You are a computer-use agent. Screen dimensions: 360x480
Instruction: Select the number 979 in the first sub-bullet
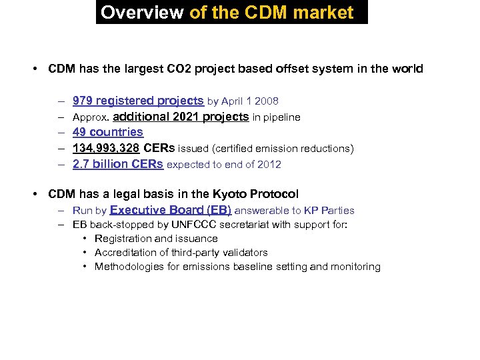pyautogui.click(x=83, y=101)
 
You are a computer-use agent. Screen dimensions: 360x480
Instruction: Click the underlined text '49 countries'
pyautogui.click(x=107, y=132)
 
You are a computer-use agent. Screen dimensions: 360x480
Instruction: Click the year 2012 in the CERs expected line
pyautogui.click(x=269, y=164)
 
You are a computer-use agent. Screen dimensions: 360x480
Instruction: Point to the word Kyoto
pyautogui.click(x=231, y=194)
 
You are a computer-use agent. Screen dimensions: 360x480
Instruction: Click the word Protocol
pyautogui.click(x=275, y=194)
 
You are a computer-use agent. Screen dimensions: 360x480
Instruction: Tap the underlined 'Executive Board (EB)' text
pyautogui.click(x=171, y=210)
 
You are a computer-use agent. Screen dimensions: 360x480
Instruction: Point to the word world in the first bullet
pyautogui.click(x=407, y=69)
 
